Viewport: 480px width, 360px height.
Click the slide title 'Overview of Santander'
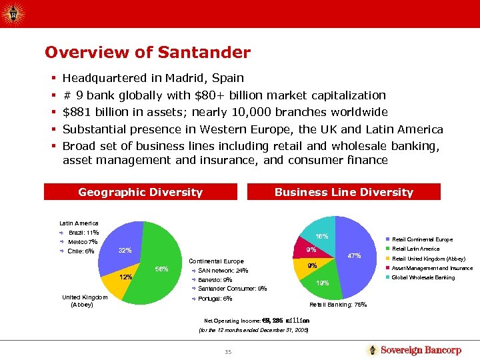pyautogui.click(x=147, y=52)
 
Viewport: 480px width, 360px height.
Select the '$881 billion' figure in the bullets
pyautogui.click(x=95, y=112)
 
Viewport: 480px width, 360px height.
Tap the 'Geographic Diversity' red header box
pyautogui.click(x=140, y=192)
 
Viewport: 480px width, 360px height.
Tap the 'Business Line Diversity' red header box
pyautogui.click(x=344, y=192)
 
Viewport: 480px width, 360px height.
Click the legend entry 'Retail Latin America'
pyautogui.click(x=415, y=249)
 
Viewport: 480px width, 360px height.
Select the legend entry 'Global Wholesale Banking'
pyautogui.click(x=423, y=277)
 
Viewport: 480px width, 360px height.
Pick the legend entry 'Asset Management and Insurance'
pyautogui.click(x=432, y=268)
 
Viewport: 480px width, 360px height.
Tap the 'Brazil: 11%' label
pyautogui.click(x=83, y=233)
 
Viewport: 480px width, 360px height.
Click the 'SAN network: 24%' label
pyautogui.click(x=223, y=271)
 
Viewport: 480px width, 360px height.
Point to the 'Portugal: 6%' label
pyautogui.click(x=215, y=299)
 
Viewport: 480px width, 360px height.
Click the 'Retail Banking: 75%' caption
pyautogui.click(x=338, y=305)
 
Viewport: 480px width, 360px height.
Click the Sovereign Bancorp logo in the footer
pyautogui.click(x=413, y=350)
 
